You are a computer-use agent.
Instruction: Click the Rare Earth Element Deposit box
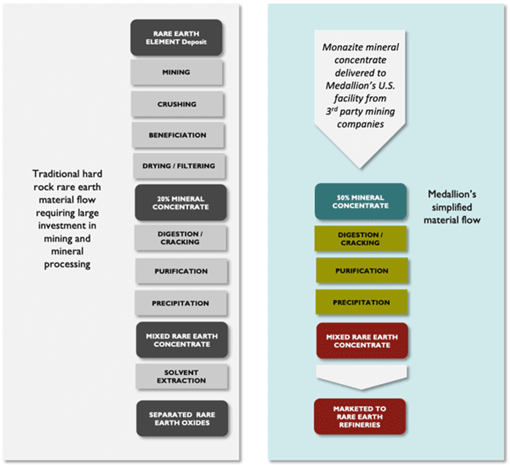click(176, 37)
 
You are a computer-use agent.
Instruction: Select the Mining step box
click(176, 72)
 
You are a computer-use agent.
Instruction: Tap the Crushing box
click(177, 104)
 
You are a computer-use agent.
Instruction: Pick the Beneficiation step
click(177, 135)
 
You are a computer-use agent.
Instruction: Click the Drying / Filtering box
click(178, 166)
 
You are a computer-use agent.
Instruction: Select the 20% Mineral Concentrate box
click(181, 203)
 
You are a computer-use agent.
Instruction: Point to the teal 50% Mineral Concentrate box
click(360, 201)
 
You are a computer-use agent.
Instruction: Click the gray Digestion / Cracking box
click(180, 238)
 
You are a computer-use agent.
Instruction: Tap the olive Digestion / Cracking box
click(361, 239)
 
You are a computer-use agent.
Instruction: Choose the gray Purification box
click(181, 271)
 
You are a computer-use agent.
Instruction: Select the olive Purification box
click(362, 271)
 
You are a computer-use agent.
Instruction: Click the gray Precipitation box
click(181, 303)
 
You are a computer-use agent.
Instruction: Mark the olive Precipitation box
click(361, 302)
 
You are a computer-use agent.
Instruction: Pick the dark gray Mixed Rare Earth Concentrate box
click(182, 340)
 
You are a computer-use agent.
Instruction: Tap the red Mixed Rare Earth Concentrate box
click(362, 341)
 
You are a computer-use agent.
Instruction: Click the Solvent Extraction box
click(182, 376)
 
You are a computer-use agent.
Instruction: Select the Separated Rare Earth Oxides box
click(182, 419)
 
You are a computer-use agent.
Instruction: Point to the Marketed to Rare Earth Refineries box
click(360, 417)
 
